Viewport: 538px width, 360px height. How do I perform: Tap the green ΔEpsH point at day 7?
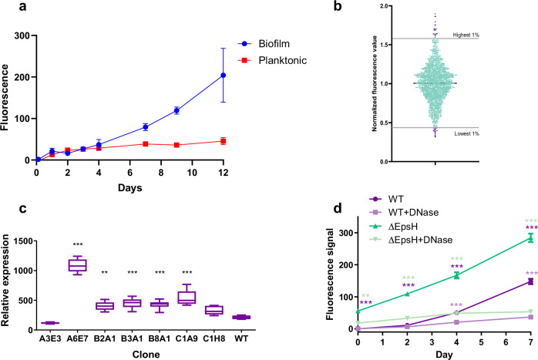pyautogui.click(x=508, y=238)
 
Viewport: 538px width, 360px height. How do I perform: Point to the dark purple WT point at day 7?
pyautogui.click(x=508, y=281)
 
